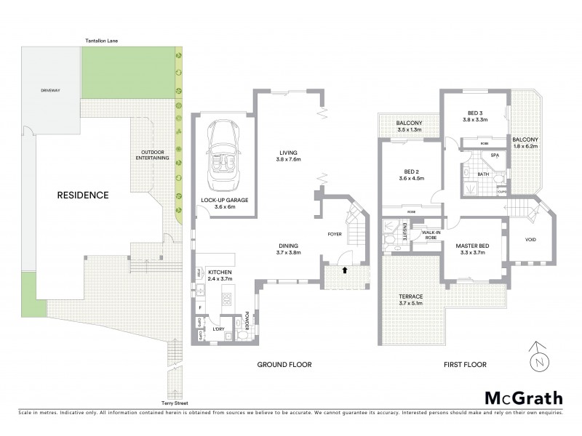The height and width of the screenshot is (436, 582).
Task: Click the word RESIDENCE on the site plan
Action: coord(84,195)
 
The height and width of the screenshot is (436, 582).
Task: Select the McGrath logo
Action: coord(523,397)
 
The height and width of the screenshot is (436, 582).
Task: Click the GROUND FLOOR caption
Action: coord(284,364)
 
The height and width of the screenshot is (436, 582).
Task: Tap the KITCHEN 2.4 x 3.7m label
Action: coord(219,275)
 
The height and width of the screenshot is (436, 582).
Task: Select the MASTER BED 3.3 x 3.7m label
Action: coord(472,249)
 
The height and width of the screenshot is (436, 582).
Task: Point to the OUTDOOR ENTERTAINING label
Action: coord(153,156)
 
